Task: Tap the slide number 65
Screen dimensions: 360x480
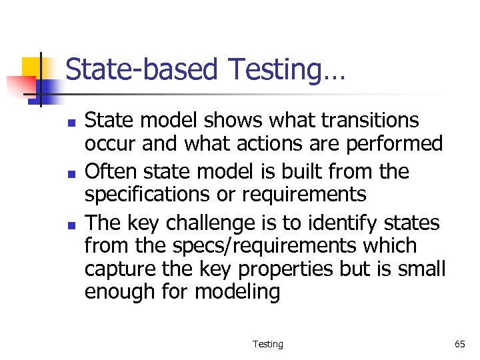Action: (459, 344)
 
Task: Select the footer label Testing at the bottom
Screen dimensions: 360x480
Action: (267, 344)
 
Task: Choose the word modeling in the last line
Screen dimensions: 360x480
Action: (237, 293)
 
